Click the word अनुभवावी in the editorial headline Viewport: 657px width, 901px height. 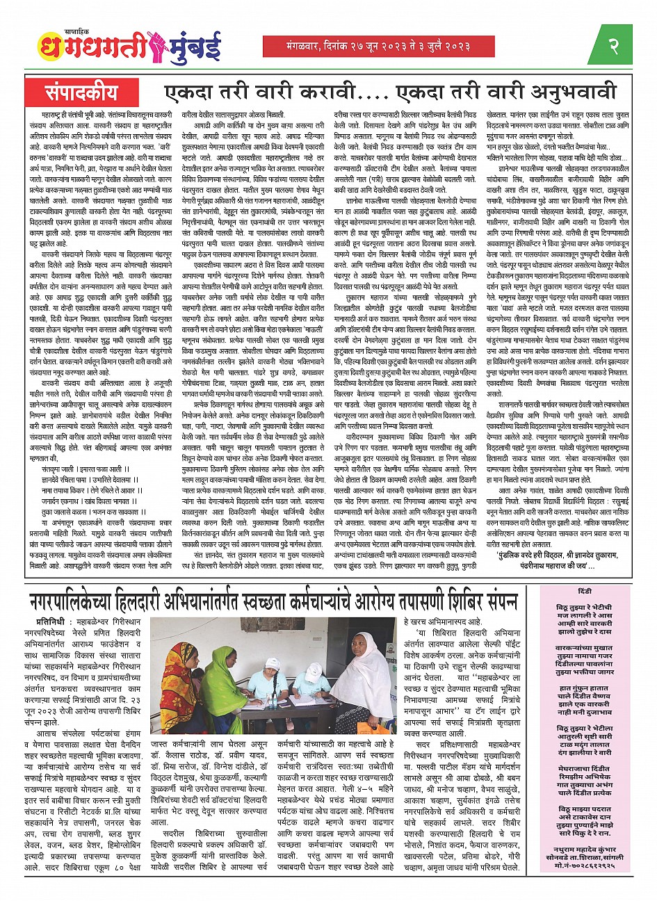point(556,92)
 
